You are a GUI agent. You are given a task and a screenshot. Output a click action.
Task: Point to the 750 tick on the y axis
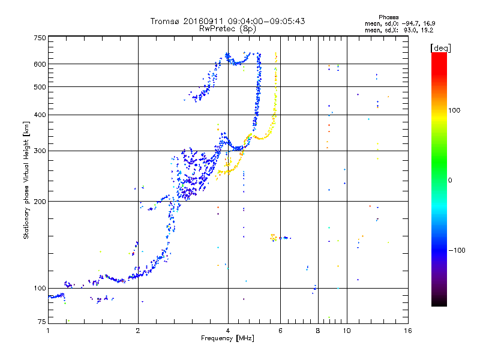click(x=40, y=38)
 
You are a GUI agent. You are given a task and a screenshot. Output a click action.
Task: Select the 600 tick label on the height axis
click(x=40, y=64)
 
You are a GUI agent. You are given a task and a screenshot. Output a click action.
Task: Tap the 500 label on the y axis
click(x=40, y=87)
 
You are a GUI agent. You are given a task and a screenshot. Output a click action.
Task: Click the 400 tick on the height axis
click(x=40, y=115)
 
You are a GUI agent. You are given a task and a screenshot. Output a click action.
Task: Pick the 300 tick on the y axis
click(x=40, y=151)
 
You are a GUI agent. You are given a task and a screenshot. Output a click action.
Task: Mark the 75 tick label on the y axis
click(x=41, y=322)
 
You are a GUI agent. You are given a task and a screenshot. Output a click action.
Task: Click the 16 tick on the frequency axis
click(x=408, y=331)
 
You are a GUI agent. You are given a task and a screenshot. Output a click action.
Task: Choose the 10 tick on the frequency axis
click(x=347, y=331)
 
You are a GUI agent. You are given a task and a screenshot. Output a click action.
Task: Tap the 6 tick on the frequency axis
click(x=280, y=331)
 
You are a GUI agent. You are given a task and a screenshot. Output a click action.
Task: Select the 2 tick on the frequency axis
click(x=138, y=331)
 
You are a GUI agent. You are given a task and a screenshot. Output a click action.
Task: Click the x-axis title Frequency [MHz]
click(x=227, y=339)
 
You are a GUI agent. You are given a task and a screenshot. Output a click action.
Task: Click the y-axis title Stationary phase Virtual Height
click(x=26, y=180)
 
